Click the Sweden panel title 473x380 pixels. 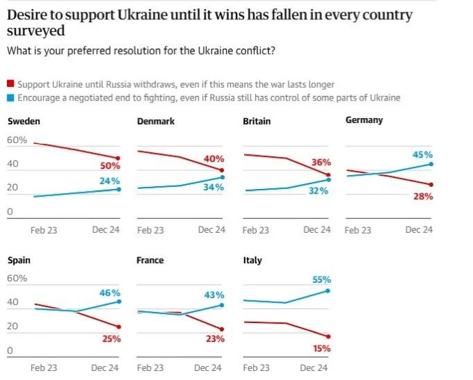coord(24,122)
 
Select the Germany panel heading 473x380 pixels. coord(364,120)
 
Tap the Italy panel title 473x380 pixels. coord(252,261)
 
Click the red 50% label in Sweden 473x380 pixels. coord(110,166)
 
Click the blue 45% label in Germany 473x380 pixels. coord(422,155)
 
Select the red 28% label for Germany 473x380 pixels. coord(423,197)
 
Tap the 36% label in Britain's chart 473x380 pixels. coord(321,162)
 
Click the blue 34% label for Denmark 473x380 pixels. coord(213,188)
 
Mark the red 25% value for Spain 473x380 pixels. coord(111,339)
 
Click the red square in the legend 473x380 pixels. coord(10,84)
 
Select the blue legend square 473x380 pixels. coord(10,98)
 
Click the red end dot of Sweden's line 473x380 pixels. coord(118,158)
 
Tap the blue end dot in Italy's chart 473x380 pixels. coord(328,291)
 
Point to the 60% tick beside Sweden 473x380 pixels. coord(17,140)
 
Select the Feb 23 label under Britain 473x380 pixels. coord(256,230)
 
